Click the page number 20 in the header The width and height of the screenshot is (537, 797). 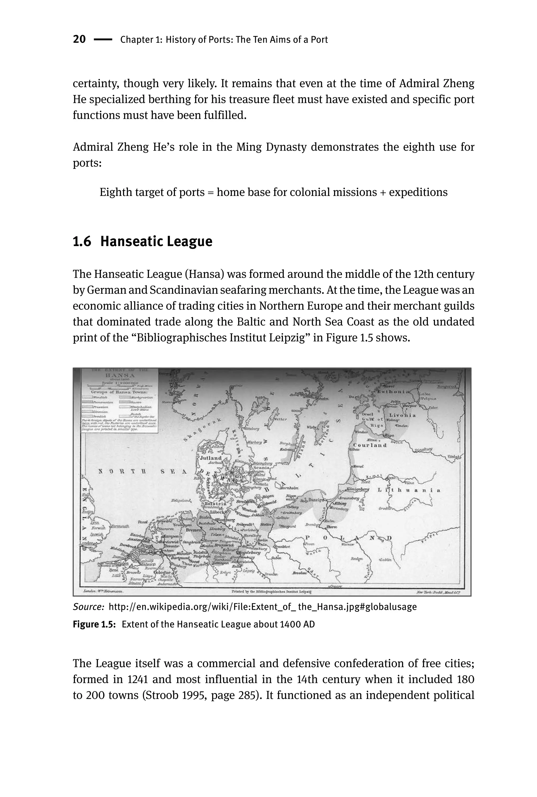click(79, 39)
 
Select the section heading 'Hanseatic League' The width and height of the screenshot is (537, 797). click(156, 242)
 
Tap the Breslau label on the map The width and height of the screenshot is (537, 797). click(299, 573)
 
